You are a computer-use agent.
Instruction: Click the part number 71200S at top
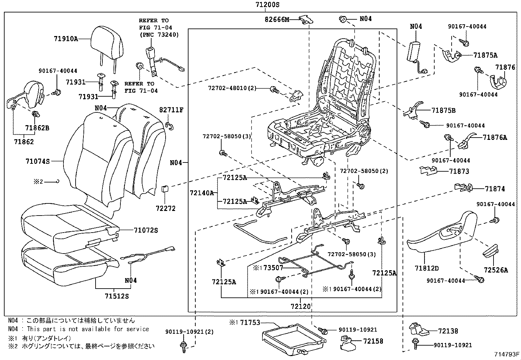tap(267, 5)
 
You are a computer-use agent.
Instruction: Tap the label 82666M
tap(277, 20)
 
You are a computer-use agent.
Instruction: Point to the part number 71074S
tap(38, 161)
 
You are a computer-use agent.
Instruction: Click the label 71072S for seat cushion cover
tap(146, 230)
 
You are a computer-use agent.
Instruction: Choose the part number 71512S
tap(117, 296)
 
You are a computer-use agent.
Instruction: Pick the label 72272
tap(166, 208)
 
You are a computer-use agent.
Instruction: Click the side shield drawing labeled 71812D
tap(439, 239)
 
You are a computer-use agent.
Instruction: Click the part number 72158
tap(373, 341)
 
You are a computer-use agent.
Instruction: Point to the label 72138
tap(448, 331)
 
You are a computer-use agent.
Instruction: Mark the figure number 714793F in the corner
tap(507, 354)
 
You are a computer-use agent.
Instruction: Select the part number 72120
tap(300, 306)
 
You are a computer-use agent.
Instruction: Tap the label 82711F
tap(171, 110)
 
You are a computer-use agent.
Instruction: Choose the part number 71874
tap(495, 189)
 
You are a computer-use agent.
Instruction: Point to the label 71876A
tap(494, 138)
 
